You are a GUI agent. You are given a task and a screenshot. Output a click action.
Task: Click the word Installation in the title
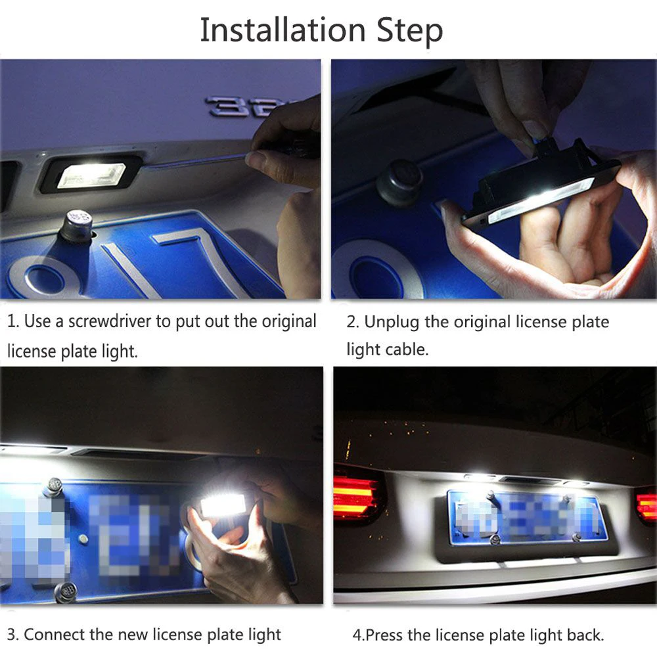[x=283, y=30]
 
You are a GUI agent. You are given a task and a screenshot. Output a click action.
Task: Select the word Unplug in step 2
[x=392, y=322]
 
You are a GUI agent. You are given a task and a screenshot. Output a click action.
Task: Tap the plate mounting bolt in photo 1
[x=78, y=225]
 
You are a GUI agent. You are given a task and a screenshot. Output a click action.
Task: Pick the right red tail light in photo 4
[x=646, y=505]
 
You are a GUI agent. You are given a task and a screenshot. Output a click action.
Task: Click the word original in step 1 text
[x=281, y=322]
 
